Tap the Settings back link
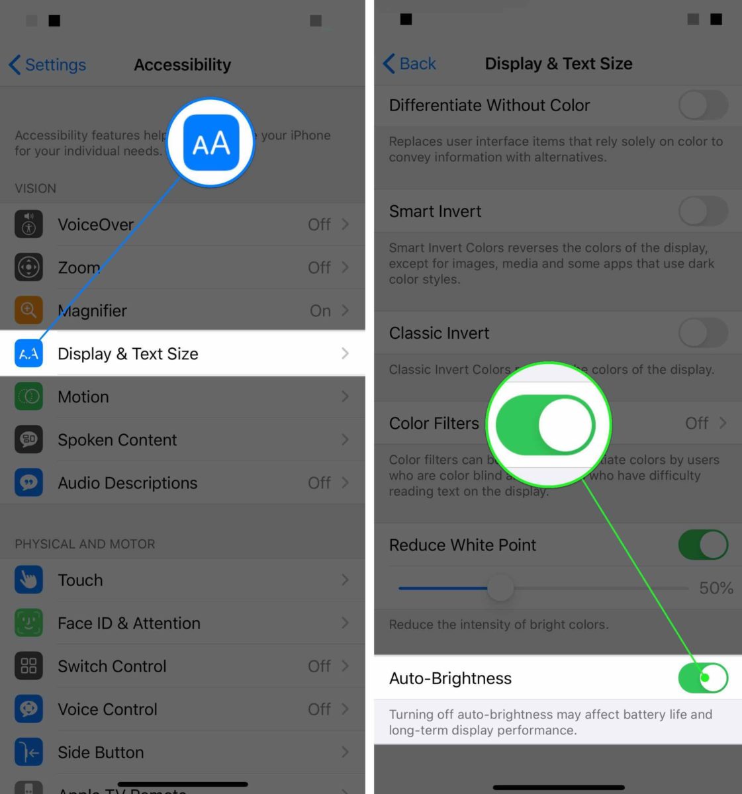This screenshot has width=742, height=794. tap(48, 65)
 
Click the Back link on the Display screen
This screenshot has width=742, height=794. tap(410, 64)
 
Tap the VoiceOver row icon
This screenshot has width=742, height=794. tap(28, 224)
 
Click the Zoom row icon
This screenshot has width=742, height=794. tap(28, 267)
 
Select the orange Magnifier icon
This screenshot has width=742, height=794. tap(28, 310)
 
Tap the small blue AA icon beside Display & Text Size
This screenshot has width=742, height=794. tap(28, 354)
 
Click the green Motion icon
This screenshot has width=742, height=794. tap(28, 397)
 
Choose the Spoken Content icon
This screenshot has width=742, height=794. tap(28, 440)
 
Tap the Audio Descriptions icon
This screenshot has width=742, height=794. tap(28, 483)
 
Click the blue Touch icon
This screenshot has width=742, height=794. tap(28, 580)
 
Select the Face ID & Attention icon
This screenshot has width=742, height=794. tap(28, 623)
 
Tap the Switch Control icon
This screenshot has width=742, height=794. tap(28, 666)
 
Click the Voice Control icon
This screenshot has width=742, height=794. tap(28, 709)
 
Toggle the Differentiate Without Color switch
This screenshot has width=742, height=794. tap(703, 105)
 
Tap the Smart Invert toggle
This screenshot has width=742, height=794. tap(703, 212)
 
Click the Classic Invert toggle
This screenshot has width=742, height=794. tap(703, 333)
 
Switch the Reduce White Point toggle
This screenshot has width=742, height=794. tap(703, 545)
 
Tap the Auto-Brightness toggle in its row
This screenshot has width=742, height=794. tap(703, 678)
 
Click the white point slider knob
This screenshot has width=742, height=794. tap(500, 588)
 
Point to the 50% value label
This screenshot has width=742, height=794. tap(716, 588)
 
